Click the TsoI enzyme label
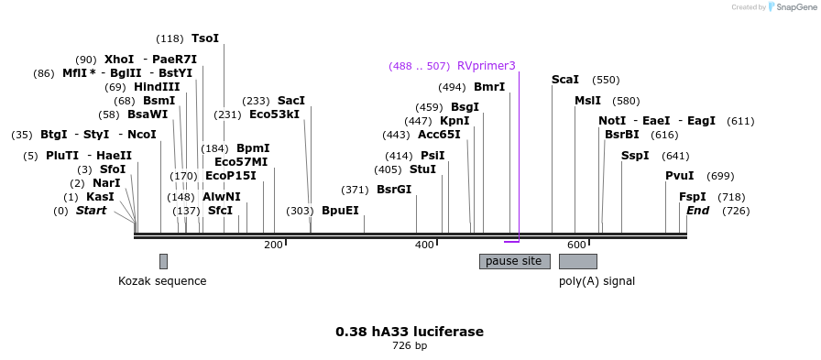(x=205, y=38)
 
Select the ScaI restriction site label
(x=565, y=80)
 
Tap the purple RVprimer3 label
(x=486, y=66)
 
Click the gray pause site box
(x=514, y=261)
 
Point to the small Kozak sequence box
(x=163, y=261)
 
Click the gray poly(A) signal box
(x=578, y=261)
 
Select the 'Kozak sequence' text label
(x=162, y=281)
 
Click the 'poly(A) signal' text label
(x=597, y=281)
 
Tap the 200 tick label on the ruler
(x=273, y=245)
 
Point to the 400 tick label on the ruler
(x=424, y=245)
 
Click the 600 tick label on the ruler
(x=575, y=245)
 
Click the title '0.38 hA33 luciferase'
(x=410, y=332)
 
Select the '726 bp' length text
(x=410, y=346)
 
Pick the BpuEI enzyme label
(x=340, y=211)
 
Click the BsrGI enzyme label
(x=394, y=190)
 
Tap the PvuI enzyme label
(x=680, y=176)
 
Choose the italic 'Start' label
(x=91, y=211)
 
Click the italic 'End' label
(x=698, y=211)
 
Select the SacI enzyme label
(x=291, y=101)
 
